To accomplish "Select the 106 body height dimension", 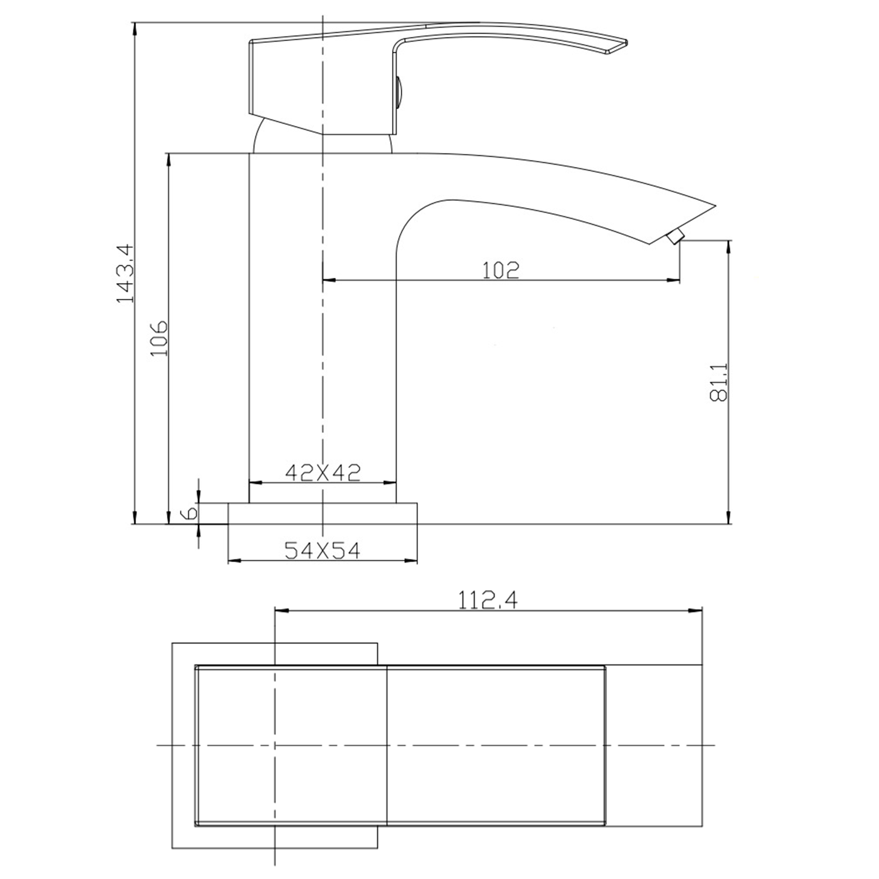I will pos(159,338).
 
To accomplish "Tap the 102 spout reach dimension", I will pos(500,270).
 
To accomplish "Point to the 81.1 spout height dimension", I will pos(718,382).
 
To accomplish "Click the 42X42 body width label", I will pos(322,472).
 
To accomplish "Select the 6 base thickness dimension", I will pos(189,513).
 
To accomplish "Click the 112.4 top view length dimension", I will pos(488,600).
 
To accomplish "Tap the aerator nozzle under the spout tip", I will pos(675,237).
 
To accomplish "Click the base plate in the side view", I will pos(322,513).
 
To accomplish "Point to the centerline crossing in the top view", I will pos(274,745).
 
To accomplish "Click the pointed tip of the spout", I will pos(715,206).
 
